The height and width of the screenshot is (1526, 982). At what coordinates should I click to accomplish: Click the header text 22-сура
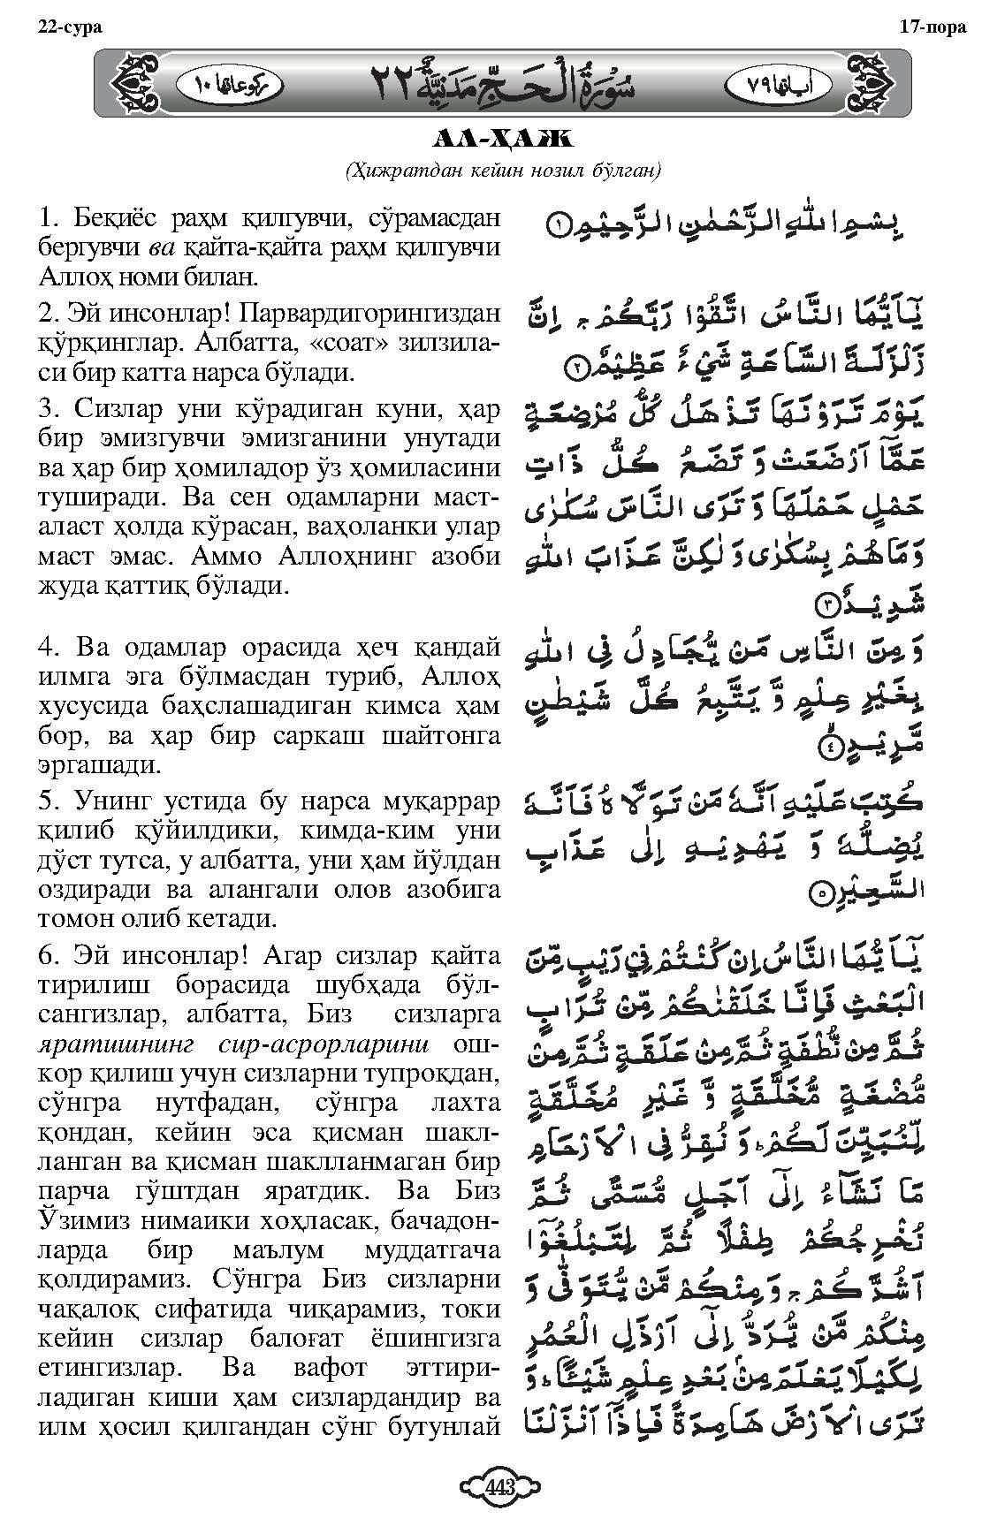tap(70, 27)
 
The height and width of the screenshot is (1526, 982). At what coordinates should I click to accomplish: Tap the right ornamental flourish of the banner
tap(869, 84)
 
